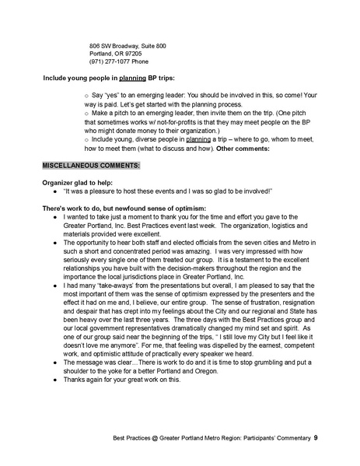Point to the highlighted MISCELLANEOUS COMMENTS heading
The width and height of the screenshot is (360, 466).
point(91,166)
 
